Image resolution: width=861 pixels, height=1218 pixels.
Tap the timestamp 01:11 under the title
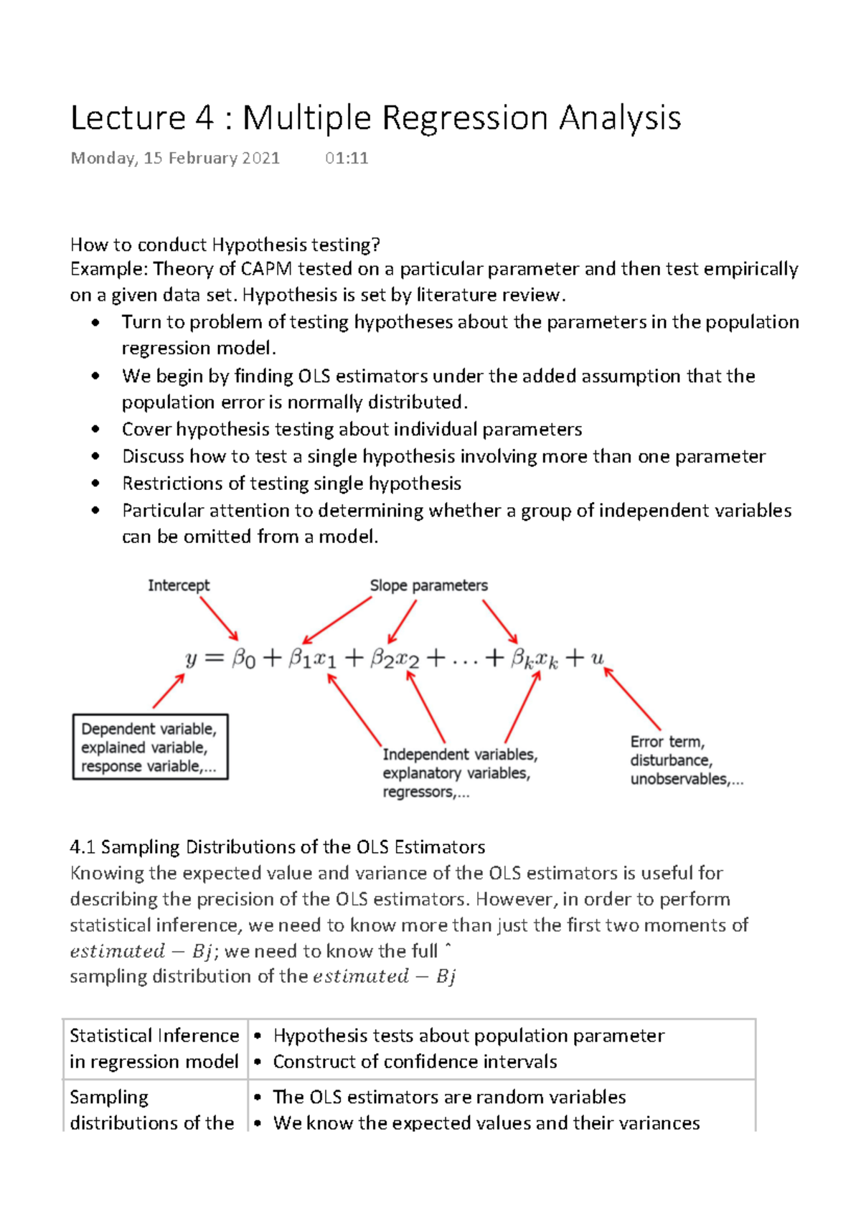point(347,159)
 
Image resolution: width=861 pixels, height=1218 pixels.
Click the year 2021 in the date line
point(260,159)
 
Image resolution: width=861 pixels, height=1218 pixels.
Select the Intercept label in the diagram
point(179,585)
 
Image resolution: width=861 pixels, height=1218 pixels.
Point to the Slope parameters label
point(428,585)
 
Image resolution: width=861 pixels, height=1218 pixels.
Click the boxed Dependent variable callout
point(150,747)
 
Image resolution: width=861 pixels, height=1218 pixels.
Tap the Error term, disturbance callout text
point(686,760)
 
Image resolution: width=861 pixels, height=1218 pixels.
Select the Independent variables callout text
point(459,773)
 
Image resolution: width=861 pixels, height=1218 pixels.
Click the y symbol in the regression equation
point(191,658)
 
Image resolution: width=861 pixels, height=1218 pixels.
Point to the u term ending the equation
point(597,658)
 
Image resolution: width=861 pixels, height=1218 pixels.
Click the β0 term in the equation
point(243,658)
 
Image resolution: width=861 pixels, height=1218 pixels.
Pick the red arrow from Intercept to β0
point(219,618)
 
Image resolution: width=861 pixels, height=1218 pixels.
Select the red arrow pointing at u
point(632,699)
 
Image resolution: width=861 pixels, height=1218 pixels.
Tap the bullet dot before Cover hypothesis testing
point(95,430)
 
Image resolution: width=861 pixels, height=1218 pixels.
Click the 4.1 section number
point(83,847)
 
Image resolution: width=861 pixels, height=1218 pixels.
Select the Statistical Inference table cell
point(154,1048)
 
